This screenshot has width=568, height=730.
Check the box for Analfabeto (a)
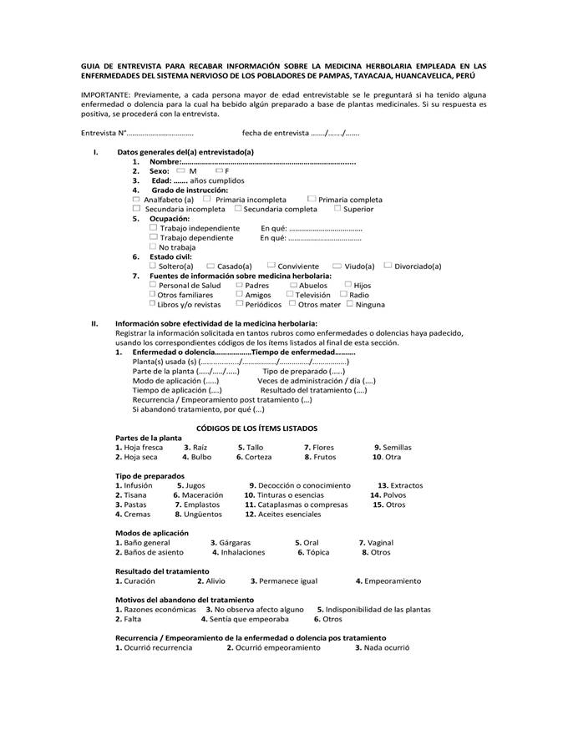(x=137, y=200)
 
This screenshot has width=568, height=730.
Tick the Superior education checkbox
(x=337, y=209)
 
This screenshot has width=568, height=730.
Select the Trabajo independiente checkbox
(x=154, y=227)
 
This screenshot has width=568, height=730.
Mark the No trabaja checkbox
(x=154, y=246)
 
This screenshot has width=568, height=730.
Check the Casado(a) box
(x=210, y=266)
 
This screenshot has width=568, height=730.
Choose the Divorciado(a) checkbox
(x=388, y=266)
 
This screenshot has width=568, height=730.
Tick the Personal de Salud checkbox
(x=154, y=285)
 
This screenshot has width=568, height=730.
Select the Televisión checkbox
(x=290, y=294)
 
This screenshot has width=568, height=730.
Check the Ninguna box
(x=349, y=304)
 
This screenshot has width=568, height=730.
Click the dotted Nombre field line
(x=267, y=161)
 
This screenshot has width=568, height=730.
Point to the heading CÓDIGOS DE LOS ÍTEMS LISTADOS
(x=256, y=428)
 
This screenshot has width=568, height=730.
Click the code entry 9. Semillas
(x=393, y=448)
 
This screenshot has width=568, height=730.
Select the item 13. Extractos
(x=400, y=485)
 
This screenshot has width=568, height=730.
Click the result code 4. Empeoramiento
(x=388, y=581)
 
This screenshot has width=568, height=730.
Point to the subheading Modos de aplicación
(x=151, y=533)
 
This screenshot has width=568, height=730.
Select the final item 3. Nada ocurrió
(x=382, y=648)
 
